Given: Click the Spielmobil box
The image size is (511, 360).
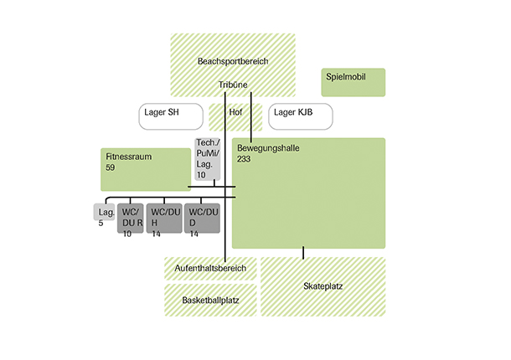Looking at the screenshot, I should [353, 82].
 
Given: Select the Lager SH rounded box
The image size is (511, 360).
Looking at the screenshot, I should [171, 116].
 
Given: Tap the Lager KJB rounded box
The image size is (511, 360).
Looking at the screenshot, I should [301, 116].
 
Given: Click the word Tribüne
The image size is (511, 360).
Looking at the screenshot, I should [233, 85].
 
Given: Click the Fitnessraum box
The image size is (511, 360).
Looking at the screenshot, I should [146, 169].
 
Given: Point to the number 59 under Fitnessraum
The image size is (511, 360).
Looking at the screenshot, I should [111, 168].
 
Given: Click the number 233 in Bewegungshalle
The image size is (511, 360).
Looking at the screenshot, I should [244, 159].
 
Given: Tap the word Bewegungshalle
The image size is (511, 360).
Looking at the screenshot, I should [268, 148].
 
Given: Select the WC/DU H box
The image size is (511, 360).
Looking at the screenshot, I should [164, 222].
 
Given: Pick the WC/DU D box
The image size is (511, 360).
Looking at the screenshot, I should [202, 222].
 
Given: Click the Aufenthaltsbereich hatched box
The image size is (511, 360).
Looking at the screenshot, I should [210, 269].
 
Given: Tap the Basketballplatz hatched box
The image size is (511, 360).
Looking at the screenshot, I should [210, 299].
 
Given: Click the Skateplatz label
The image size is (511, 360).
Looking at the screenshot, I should [323, 286].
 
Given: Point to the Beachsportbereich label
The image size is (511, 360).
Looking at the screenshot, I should [233, 62].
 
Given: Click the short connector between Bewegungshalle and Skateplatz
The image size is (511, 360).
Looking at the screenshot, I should [303, 253].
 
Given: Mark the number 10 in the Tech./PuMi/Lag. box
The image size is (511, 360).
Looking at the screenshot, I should [200, 175].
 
